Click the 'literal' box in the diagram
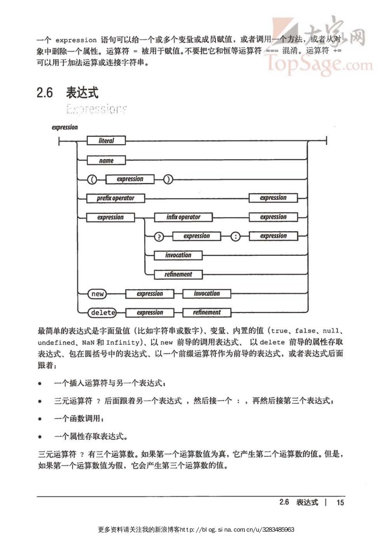coord(106,141)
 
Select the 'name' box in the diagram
coord(106,160)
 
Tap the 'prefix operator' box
coord(115,198)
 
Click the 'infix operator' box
coord(183,217)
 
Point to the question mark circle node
coord(159,236)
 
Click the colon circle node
coord(235,236)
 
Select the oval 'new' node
coord(98,294)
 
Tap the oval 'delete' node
coord(102,313)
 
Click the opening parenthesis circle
coord(92,180)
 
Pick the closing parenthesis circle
coord(168,180)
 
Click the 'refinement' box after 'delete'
coord(207,313)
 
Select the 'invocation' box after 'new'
coord(207,294)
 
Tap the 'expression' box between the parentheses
coord(130,179)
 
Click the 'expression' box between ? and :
coord(197,236)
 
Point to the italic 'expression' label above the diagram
coord(65,127)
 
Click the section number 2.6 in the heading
coord(45,92)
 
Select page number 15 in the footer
coord(340,502)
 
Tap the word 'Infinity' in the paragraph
coord(123,342)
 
